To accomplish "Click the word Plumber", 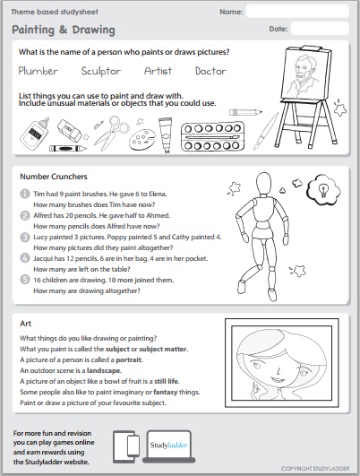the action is coord(39,71).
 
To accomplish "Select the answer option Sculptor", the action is coord(100,71).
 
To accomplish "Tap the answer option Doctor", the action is coord(211,71).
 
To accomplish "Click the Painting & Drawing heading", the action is coord(64,30).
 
